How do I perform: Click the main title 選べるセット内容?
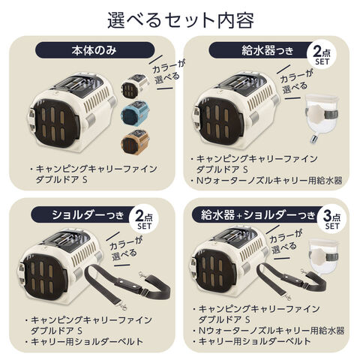181,20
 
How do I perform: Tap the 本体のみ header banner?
94,50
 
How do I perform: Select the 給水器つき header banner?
261,50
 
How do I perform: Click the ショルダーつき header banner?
84,214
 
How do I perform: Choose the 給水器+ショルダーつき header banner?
257,214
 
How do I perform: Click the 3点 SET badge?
331,219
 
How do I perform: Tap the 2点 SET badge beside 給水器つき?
322,55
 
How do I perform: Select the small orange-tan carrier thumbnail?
136,142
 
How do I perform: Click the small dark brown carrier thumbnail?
135,85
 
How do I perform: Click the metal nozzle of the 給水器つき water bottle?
313,139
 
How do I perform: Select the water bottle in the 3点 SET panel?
324,256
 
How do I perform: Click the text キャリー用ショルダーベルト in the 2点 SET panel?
87,341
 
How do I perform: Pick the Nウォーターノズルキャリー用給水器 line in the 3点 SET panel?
271,331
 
